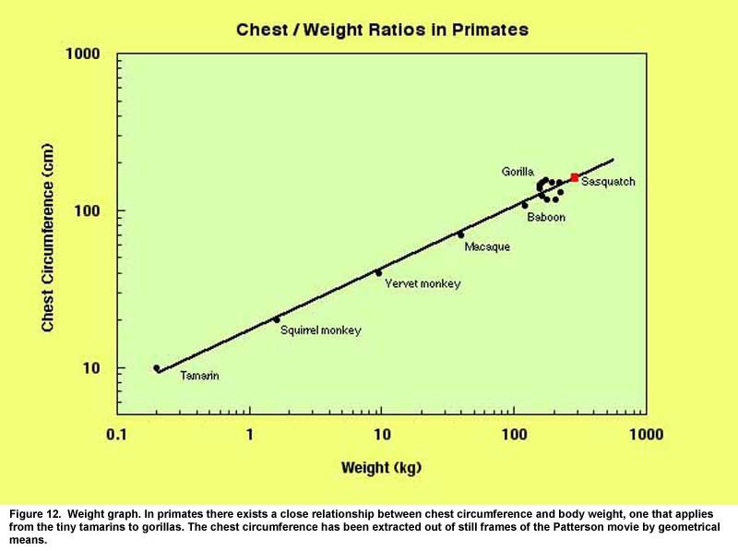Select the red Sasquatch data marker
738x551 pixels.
[574, 177]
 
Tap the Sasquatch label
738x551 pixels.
[608, 183]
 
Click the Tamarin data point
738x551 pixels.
[157, 368]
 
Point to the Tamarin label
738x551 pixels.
[199, 377]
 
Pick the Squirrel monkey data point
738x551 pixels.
[277, 320]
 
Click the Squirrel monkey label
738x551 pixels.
[321, 330]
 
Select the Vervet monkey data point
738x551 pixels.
[378, 273]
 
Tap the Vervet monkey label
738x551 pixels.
[423, 284]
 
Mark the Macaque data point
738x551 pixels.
[461, 234]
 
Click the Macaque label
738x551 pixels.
[487, 246]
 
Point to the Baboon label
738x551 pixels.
[546, 217]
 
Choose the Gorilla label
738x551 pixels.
[518, 172]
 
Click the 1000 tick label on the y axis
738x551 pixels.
[82, 54]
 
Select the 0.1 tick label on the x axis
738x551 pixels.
[117, 434]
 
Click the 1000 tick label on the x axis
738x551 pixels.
[645, 434]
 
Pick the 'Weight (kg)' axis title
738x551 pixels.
[381, 468]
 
